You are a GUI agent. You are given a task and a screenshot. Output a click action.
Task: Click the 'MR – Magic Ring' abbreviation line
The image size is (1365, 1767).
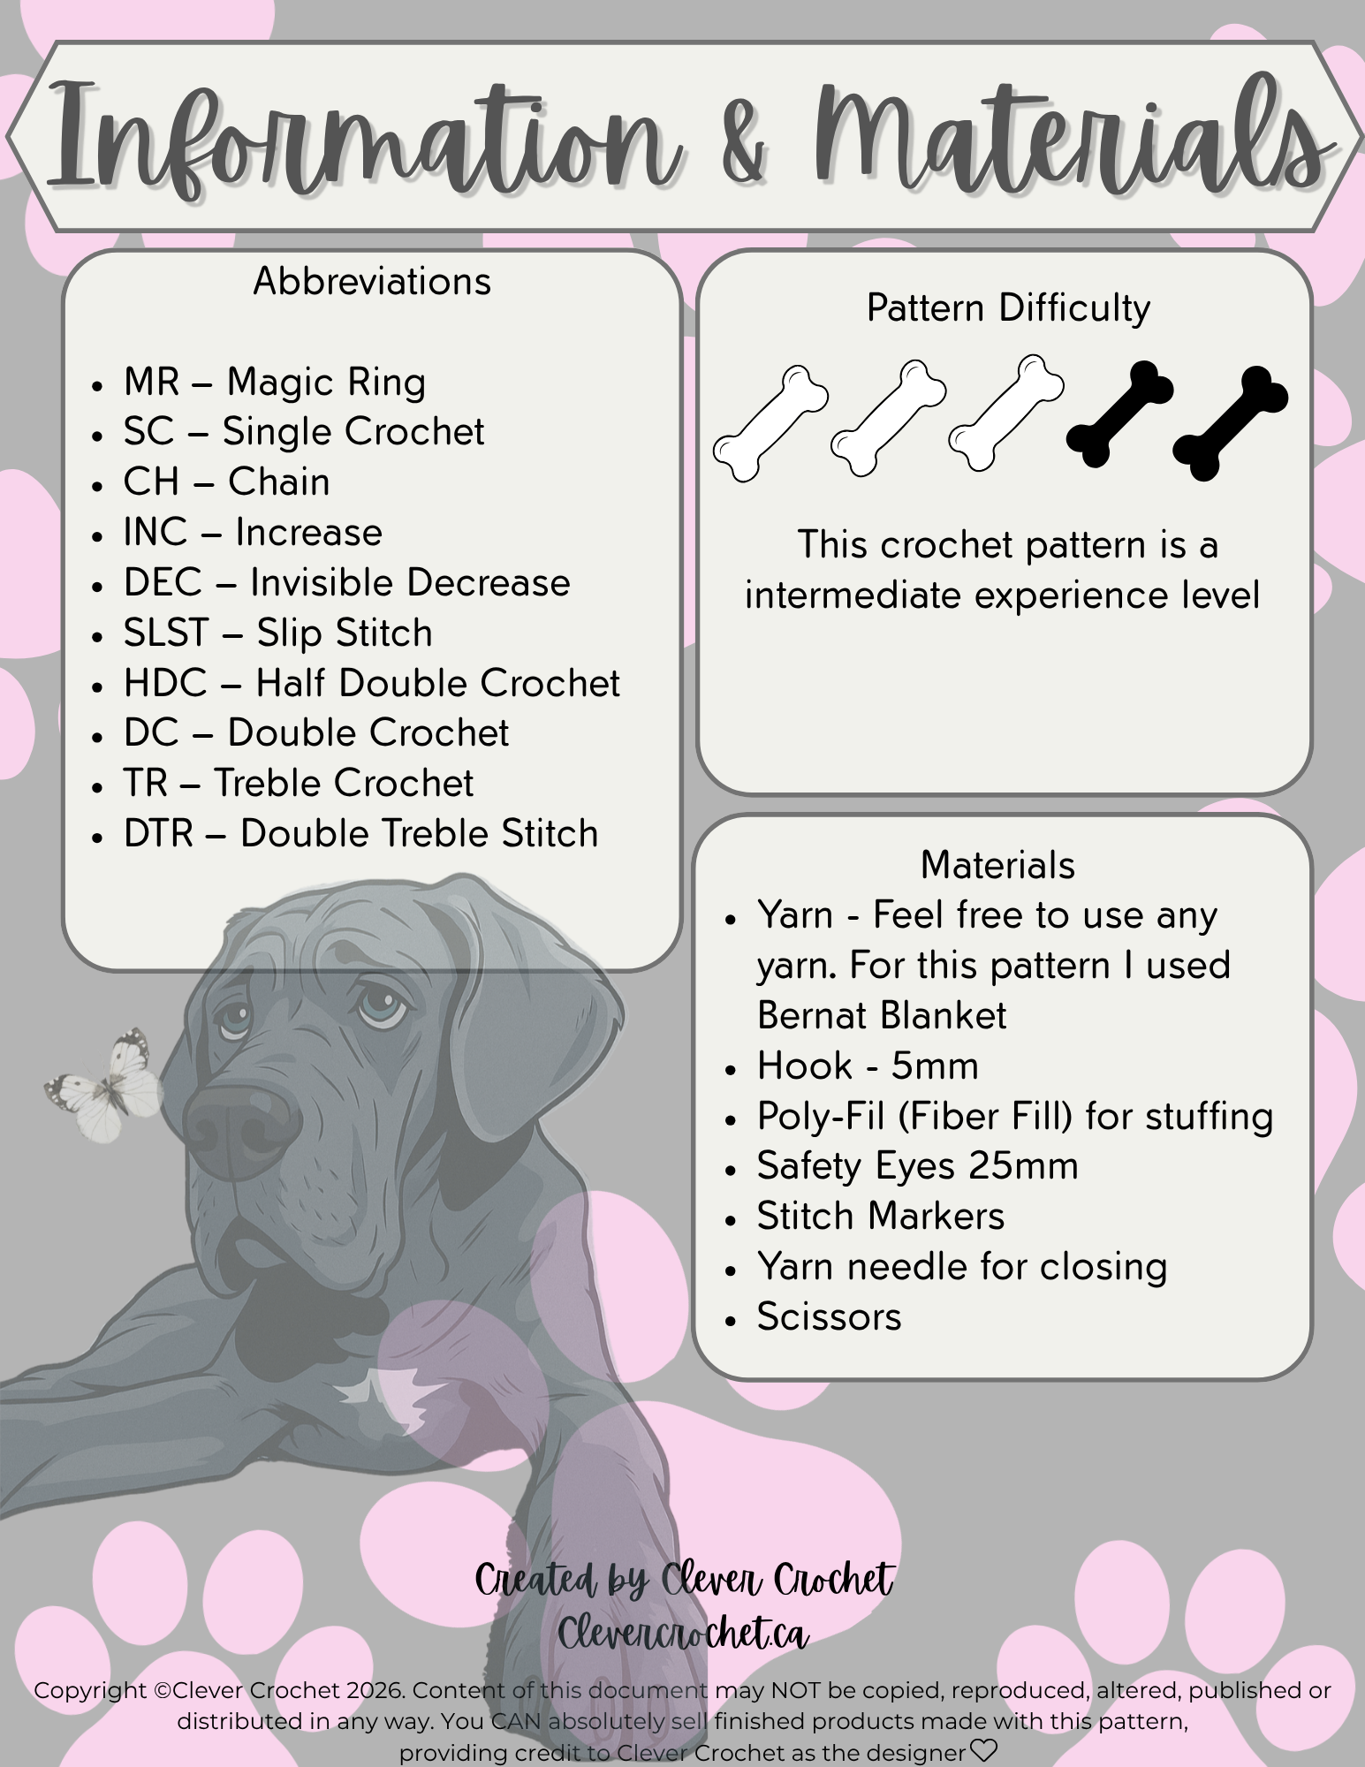[274, 383]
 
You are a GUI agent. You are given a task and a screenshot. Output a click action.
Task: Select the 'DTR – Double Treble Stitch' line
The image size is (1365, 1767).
[360, 834]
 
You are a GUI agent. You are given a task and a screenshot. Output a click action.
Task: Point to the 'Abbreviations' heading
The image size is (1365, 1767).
[372, 282]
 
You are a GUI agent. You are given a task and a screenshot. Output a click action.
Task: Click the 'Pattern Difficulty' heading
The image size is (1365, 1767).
[1008, 308]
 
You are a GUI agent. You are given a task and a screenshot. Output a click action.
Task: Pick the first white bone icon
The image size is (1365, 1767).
[770, 422]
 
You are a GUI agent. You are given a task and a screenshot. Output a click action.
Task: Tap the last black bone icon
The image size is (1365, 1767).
[1230, 422]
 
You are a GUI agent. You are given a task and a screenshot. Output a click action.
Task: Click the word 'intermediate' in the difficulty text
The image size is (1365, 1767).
[853, 595]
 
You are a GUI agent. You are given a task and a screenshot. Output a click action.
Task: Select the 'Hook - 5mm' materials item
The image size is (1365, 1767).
[868, 1066]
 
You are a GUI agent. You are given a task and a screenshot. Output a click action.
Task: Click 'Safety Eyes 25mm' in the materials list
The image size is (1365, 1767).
[917, 1166]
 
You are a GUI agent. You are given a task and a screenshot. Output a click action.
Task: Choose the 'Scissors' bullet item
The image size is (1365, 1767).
[829, 1317]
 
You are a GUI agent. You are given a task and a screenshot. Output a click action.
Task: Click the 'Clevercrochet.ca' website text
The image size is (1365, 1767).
[683, 1634]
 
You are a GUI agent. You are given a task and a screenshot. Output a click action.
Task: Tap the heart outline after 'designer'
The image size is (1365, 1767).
[983, 1750]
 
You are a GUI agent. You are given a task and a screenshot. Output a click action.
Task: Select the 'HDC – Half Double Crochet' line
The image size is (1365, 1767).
[371, 684]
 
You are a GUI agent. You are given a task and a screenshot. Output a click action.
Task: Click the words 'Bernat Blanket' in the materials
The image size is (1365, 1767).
[882, 1016]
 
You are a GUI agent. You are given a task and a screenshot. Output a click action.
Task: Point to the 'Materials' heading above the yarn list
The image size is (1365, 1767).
[997, 865]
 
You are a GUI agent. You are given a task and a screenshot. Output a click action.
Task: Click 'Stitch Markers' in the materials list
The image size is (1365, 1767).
[881, 1217]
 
